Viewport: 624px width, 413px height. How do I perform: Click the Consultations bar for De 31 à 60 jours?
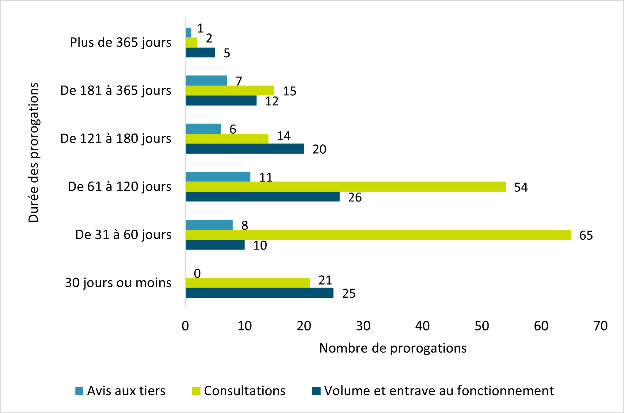coord(378,235)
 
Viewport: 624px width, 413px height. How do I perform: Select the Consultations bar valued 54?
coord(345,187)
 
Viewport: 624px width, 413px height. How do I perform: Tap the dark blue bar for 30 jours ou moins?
coord(259,293)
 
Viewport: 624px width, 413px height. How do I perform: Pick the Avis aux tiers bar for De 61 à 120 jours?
coord(218,177)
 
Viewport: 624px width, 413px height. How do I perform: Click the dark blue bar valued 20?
coord(245,149)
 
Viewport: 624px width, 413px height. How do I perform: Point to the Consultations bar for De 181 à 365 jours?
coord(230,91)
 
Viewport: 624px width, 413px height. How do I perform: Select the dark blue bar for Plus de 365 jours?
coord(200,53)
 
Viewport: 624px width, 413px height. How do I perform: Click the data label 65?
coord(586,235)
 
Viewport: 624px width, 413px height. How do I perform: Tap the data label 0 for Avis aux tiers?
coord(197,273)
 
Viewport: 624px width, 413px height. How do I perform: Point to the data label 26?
coord(355,197)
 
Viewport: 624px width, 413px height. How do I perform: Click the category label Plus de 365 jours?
coord(120,42)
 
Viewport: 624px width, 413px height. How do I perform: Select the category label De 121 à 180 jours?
coord(116,139)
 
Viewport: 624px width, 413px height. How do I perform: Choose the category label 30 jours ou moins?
coord(118,283)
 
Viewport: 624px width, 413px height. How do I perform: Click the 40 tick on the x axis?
coord(422,326)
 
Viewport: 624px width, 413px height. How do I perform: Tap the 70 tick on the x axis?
coord(600,326)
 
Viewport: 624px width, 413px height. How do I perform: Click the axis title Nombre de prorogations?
coord(393,348)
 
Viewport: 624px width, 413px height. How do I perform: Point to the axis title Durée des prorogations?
coord(33,152)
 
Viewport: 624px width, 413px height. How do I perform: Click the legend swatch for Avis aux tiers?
coord(79,391)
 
